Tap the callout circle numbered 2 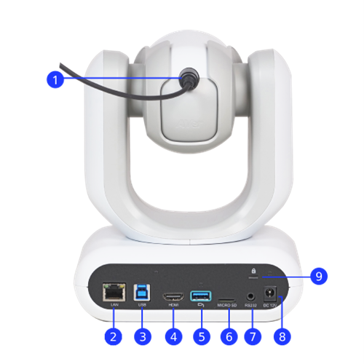pyautogui.click(x=113, y=336)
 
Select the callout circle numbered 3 pyautogui.click(x=143, y=336)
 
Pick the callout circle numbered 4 pyautogui.click(x=173, y=336)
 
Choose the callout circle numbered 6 pyautogui.click(x=228, y=336)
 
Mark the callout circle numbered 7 pyautogui.click(x=253, y=336)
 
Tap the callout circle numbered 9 pyautogui.click(x=318, y=276)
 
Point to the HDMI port pyautogui.click(x=173, y=296)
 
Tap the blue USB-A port pyautogui.click(x=200, y=295)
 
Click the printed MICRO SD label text pyautogui.click(x=227, y=305)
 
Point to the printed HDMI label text pyautogui.click(x=173, y=305)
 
